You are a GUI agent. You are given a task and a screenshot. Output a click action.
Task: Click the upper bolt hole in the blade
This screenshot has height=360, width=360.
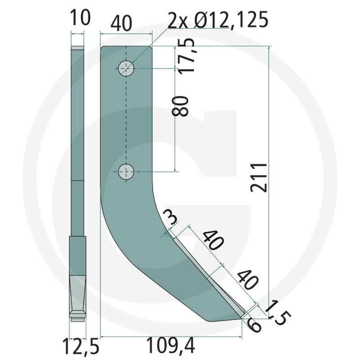[126, 68]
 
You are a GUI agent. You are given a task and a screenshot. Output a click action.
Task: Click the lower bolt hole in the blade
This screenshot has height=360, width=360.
[126, 171]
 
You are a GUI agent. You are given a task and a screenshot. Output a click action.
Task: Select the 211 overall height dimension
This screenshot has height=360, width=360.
[259, 178]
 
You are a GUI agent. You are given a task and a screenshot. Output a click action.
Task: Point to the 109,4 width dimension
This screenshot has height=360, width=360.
[171, 345]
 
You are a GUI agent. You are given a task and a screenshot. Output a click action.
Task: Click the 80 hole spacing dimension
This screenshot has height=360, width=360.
[180, 106]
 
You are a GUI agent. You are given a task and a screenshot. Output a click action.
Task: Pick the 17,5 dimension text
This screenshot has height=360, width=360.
[186, 56]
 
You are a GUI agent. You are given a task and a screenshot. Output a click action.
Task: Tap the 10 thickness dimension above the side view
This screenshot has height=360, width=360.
[80, 17]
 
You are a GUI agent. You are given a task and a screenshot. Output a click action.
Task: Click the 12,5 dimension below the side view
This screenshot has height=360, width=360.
[81, 346]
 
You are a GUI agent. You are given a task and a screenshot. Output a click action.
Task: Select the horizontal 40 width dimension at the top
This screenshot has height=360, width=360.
[121, 23]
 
